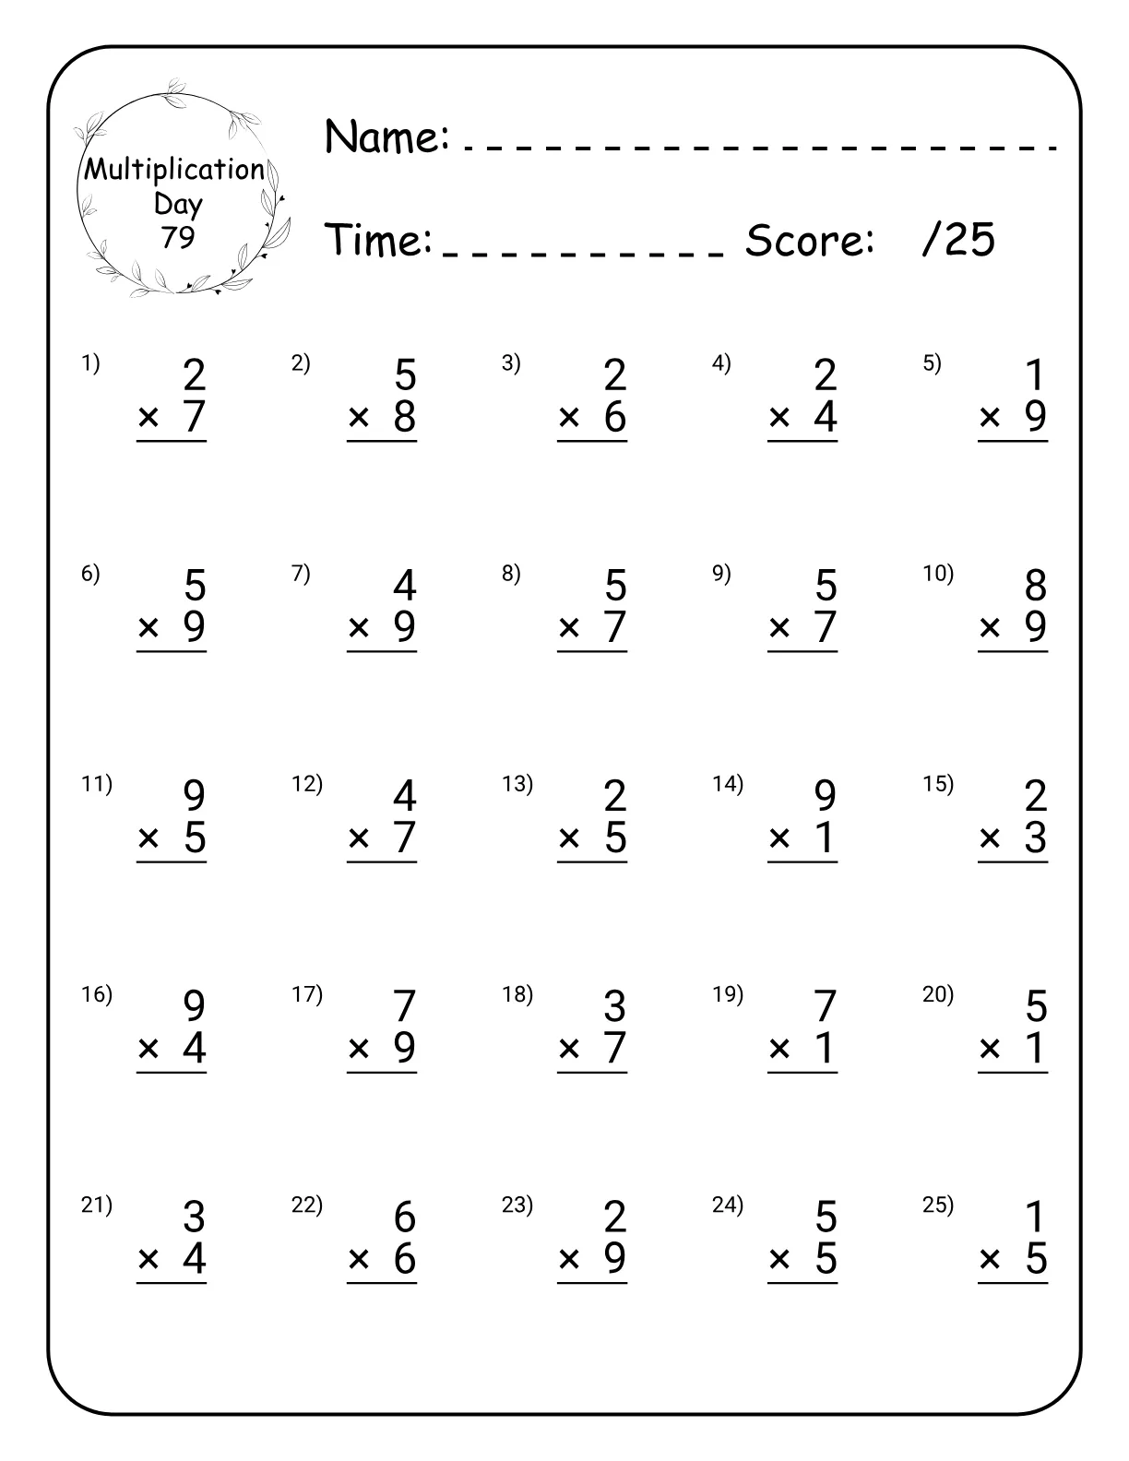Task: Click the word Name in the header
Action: tap(386, 137)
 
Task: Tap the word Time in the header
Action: tap(379, 241)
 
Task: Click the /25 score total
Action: tap(958, 240)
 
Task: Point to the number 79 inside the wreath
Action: tap(178, 238)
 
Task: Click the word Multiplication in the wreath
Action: tap(175, 170)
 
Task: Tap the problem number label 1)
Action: tap(90, 363)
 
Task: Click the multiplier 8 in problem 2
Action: tap(405, 417)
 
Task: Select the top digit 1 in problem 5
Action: tap(1036, 375)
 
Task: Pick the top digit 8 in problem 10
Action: tap(1036, 586)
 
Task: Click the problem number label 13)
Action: tap(517, 784)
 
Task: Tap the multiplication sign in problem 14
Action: tap(779, 838)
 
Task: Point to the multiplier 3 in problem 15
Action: tap(1036, 838)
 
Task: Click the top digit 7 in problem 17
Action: tap(405, 1006)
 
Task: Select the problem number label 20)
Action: tap(938, 994)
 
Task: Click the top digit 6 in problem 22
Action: tap(405, 1217)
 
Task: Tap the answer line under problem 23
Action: tap(592, 1283)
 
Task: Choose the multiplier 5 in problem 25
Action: tap(1036, 1259)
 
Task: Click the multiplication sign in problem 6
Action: tap(149, 628)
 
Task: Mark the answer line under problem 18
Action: tap(592, 1073)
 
